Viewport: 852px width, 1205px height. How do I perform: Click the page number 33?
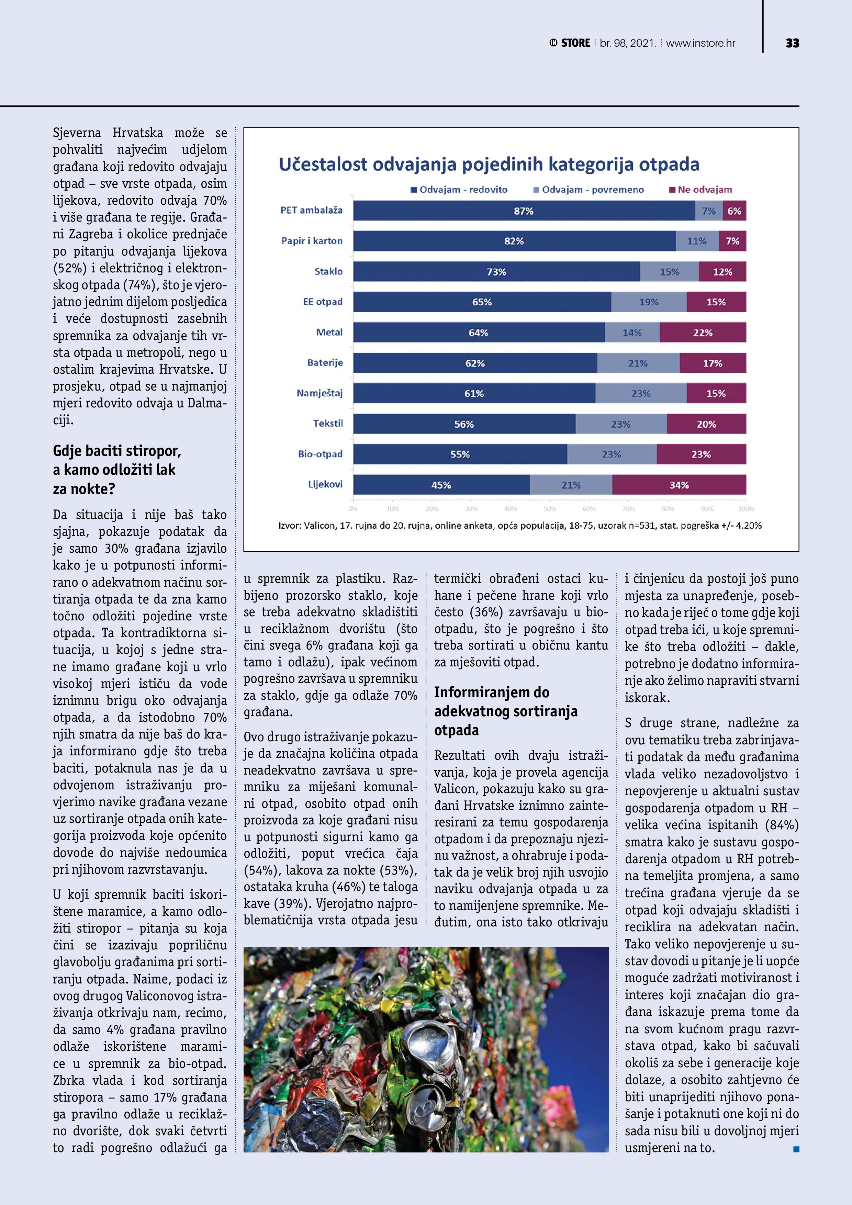792,43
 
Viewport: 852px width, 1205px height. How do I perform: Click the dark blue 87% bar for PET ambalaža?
523,211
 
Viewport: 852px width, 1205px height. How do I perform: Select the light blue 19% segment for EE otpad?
649,302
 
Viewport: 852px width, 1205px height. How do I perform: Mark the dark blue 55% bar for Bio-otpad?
460,454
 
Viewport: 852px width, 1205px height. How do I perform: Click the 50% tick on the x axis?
550,509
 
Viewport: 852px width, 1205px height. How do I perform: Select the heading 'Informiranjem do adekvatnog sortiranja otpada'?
505,711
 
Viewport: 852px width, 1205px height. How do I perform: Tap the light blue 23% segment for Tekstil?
620,424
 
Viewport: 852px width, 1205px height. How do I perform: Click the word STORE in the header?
575,43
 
